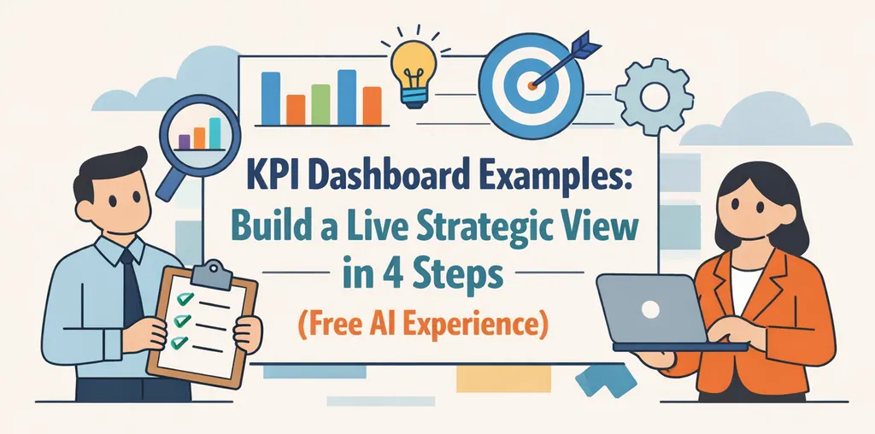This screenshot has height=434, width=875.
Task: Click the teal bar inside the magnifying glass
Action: pyautogui.click(x=215, y=132)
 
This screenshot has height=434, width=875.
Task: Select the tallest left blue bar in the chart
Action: pyautogui.click(x=270, y=98)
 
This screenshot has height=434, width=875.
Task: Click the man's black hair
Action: pyautogui.click(x=107, y=167)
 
